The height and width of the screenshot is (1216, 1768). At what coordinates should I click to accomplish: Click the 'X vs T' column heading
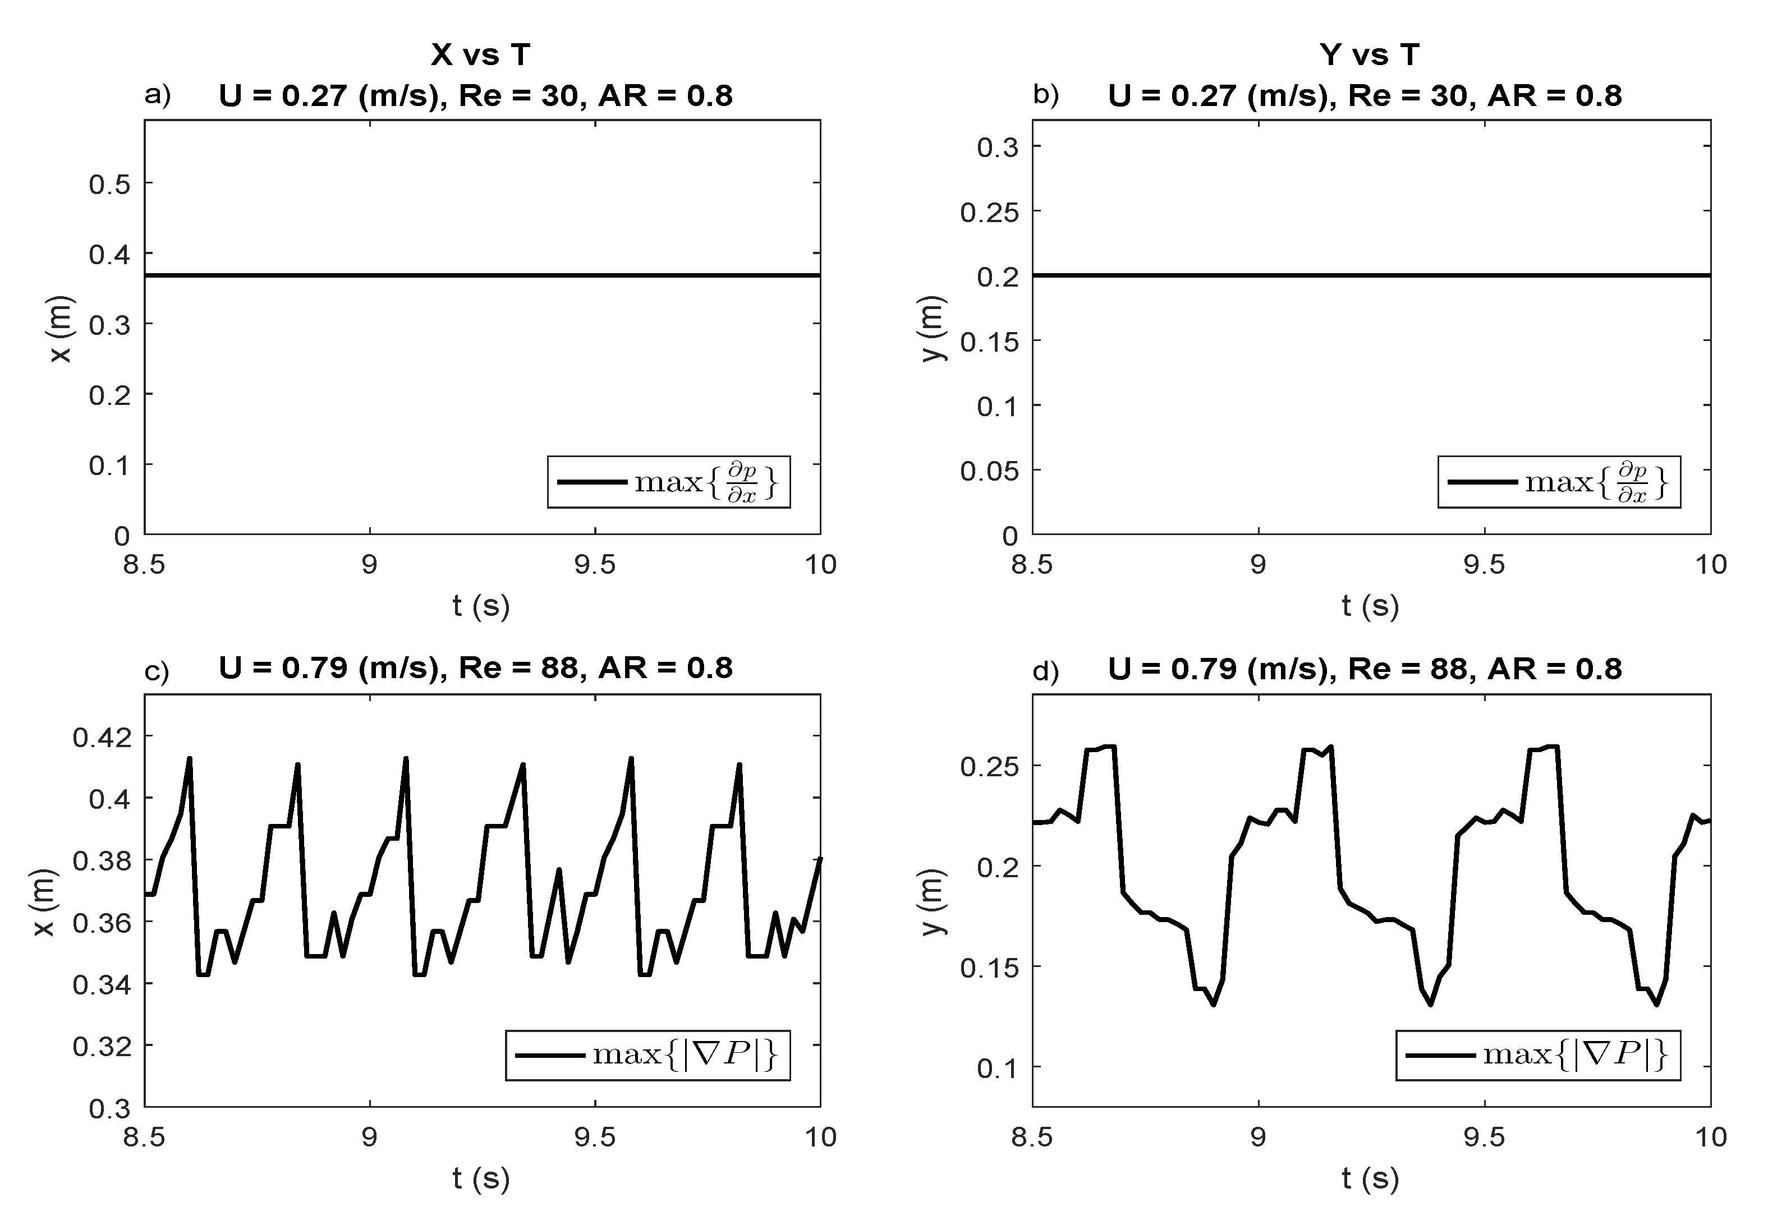tap(481, 55)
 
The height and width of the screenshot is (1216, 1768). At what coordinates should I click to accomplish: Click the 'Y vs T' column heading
tap(1370, 55)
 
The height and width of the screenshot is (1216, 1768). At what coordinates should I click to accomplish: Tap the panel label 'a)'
tap(158, 95)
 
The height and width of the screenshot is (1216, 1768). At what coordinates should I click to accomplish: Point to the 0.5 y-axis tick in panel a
tap(110, 183)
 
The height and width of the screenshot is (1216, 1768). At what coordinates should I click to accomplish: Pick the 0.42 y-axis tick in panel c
tap(102, 738)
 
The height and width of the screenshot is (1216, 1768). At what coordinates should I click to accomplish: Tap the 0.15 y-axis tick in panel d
tap(989, 968)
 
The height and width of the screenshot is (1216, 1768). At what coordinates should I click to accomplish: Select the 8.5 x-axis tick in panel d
tap(1032, 1137)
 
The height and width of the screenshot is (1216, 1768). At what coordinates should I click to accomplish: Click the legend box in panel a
tap(668, 482)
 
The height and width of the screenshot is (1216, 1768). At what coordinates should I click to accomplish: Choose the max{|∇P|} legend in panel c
tap(647, 1055)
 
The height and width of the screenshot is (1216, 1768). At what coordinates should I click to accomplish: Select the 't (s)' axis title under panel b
tap(1370, 606)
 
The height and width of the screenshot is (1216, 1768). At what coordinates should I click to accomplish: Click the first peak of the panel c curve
tap(189, 759)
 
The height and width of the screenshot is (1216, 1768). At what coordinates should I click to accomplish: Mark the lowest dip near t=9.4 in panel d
tap(1430, 1004)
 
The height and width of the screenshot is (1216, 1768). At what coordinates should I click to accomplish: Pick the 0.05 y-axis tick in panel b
tap(989, 471)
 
